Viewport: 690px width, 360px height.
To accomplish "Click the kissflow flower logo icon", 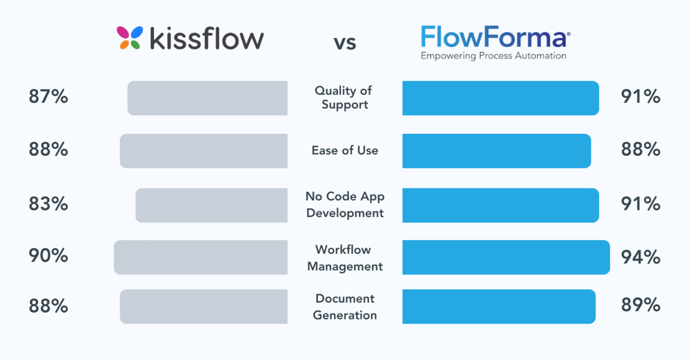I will [130, 39].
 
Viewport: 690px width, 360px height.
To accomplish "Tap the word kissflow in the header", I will [204, 39].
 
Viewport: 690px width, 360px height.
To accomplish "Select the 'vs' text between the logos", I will [345, 43].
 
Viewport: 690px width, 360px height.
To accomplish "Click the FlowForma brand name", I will [495, 37].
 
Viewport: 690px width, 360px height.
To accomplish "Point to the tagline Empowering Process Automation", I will [493, 56].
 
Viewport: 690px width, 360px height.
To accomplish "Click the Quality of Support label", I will [345, 98].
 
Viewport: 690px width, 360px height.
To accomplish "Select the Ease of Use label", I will [345, 150].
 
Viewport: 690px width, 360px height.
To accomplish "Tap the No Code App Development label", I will [345, 205].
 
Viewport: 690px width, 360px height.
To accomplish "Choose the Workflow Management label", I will [345, 258].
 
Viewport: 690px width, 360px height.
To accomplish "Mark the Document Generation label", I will [345, 307].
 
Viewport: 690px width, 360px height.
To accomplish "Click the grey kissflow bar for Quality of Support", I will [207, 98].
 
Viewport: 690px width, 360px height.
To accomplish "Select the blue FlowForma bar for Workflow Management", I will [506, 257].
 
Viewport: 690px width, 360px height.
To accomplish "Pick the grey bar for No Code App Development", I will [211, 205].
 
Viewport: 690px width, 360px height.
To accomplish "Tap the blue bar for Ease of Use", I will [497, 150].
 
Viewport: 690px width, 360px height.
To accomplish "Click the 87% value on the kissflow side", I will [48, 97].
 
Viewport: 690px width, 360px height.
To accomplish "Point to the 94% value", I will [641, 258].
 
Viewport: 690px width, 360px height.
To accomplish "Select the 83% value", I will [48, 205].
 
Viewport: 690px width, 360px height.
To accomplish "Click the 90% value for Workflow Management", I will [48, 256].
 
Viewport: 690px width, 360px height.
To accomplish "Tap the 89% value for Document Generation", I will [641, 306].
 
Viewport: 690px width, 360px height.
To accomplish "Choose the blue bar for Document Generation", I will [499, 307].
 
